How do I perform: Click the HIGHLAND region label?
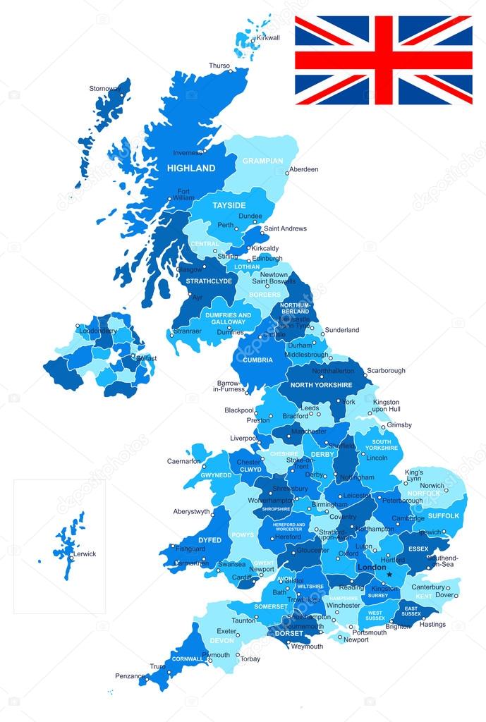190,169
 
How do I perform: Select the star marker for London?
389,574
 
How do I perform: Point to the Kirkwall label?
268,37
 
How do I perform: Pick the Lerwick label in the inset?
84,553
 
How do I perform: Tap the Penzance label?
130,676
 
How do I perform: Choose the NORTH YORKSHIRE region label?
321,385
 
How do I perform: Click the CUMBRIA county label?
258,360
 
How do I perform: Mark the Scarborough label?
386,370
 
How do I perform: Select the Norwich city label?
432,485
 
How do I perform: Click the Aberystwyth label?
192,512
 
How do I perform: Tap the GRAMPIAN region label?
262,161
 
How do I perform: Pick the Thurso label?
219,66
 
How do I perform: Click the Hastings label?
432,624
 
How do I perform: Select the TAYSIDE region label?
229,204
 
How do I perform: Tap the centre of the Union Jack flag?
383,60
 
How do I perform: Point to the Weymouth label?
307,646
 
